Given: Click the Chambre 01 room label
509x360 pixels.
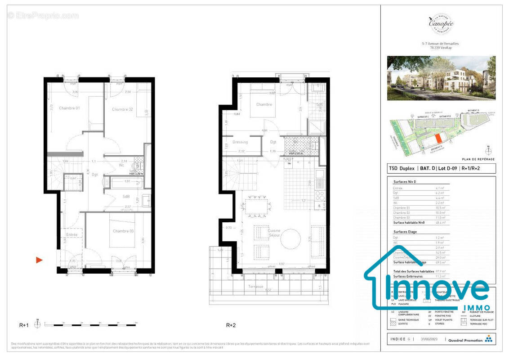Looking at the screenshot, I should (x=69, y=108).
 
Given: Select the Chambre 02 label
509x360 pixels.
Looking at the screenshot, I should (x=122, y=109).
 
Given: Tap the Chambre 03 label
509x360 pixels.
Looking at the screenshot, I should (x=123, y=231).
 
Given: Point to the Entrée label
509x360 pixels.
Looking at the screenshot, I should (x=72, y=234).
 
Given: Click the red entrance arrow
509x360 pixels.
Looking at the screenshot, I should (x=40, y=260).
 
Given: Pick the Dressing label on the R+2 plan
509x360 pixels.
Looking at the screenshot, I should (x=240, y=142).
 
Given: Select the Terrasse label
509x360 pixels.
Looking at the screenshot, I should (x=255, y=286).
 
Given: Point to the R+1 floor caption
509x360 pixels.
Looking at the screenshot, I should (x=24, y=325).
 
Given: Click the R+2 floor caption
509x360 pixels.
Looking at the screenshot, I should (x=231, y=325).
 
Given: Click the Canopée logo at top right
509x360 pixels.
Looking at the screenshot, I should (x=440, y=22).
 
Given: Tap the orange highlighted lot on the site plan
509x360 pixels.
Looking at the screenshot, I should (x=438, y=139).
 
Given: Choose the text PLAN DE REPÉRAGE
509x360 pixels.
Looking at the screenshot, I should (x=478, y=159).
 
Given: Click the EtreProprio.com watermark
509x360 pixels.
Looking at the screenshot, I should (x=43, y=16).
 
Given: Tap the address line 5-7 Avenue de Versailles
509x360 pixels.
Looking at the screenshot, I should (x=440, y=44).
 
